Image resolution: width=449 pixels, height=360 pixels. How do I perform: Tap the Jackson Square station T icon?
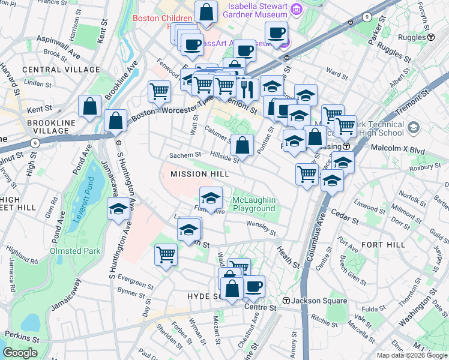click(x=286, y=301)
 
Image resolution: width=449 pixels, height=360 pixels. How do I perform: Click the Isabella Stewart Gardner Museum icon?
click(x=295, y=10)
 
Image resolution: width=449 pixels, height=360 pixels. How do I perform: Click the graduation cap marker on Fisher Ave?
click(x=211, y=198)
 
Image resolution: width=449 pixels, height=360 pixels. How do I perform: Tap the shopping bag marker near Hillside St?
click(x=242, y=145)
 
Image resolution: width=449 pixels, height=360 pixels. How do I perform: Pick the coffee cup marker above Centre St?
click(x=253, y=286)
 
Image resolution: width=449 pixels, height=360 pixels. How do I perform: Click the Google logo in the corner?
click(x=20, y=353)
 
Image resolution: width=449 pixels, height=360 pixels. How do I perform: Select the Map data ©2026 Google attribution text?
click(x=412, y=355)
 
